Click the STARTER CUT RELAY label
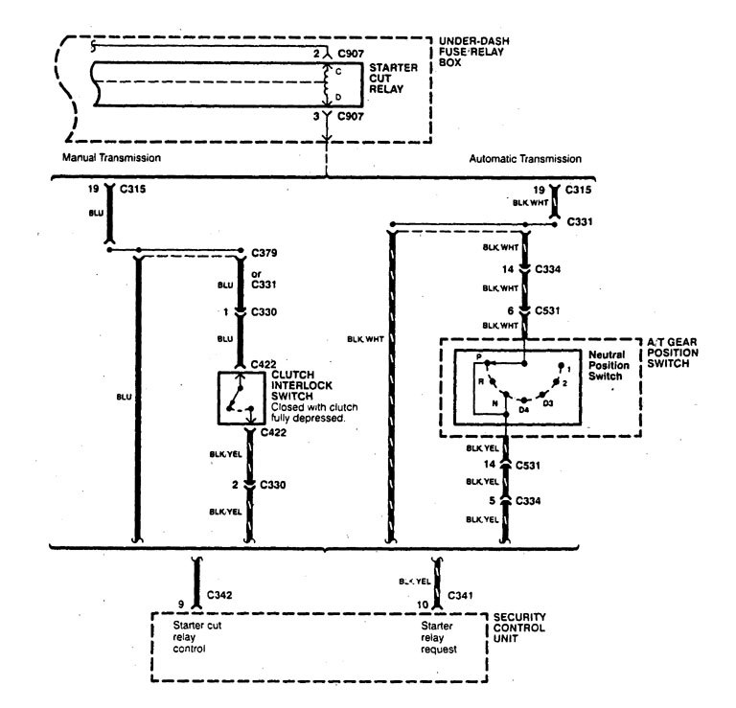tap(393, 81)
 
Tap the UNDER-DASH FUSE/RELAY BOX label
tap(474, 52)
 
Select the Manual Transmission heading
tap(112, 157)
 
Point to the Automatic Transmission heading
tap(525, 158)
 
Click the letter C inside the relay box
tap(337, 70)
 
